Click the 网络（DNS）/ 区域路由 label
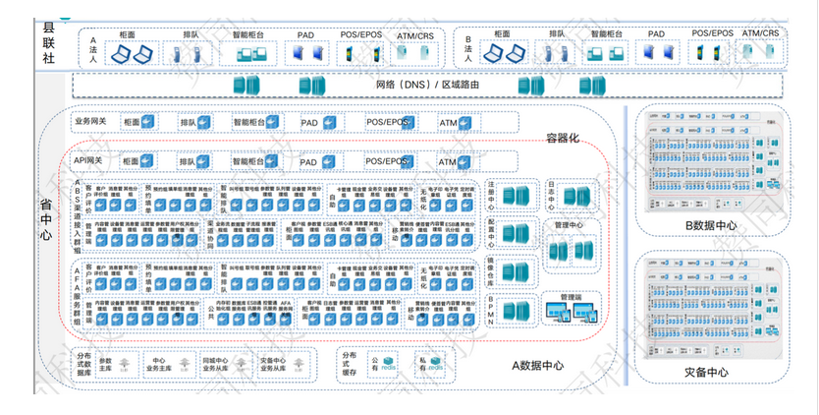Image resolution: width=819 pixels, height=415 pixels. coord(428,85)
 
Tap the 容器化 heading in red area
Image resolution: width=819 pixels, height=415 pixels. coord(565,138)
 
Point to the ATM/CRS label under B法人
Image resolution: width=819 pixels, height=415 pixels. coord(761,34)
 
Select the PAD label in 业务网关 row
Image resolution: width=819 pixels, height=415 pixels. coord(308,124)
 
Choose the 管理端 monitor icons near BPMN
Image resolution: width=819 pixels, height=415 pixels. coord(570,312)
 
